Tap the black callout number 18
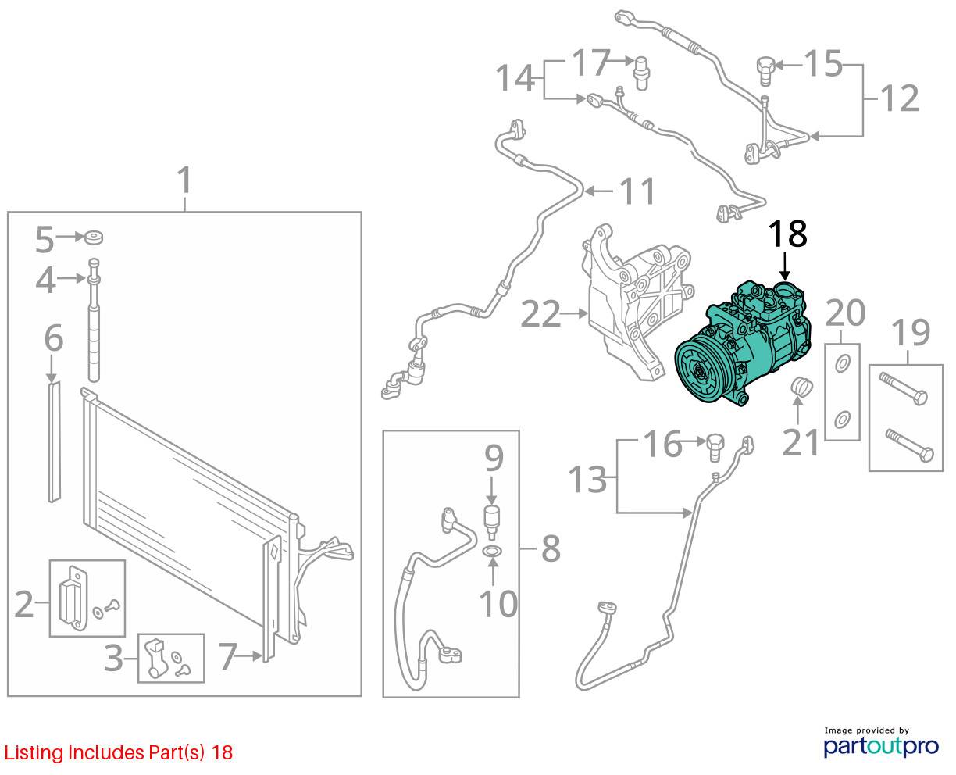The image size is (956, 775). (x=787, y=234)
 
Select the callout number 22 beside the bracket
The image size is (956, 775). (x=540, y=314)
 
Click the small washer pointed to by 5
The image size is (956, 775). (x=94, y=237)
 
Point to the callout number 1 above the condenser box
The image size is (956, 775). (x=184, y=180)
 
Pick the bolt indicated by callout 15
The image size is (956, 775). (x=765, y=71)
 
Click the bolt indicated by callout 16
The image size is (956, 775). (x=715, y=447)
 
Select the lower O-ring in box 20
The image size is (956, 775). (x=842, y=420)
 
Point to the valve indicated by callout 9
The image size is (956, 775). (x=491, y=522)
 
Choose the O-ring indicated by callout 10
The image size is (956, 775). (x=492, y=552)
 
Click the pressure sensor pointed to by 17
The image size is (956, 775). (x=642, y=73)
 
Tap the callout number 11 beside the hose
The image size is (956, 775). (x=637, y=191)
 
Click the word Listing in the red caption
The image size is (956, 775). (x=34, y=753)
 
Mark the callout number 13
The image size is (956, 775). (x=587, y=479)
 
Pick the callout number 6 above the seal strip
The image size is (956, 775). (x=53, y=337)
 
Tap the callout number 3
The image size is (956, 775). (x=113, y=659)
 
